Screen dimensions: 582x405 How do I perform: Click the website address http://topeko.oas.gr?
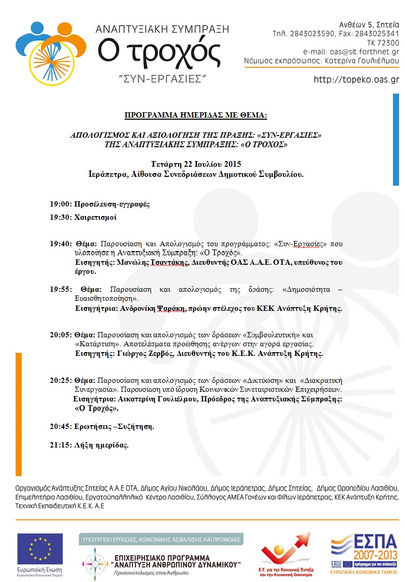click(x=356, y=80)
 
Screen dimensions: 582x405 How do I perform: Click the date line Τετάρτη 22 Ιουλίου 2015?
click(x=196, y=163)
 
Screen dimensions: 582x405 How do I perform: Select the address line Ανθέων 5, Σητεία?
click(x=369, y=24)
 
